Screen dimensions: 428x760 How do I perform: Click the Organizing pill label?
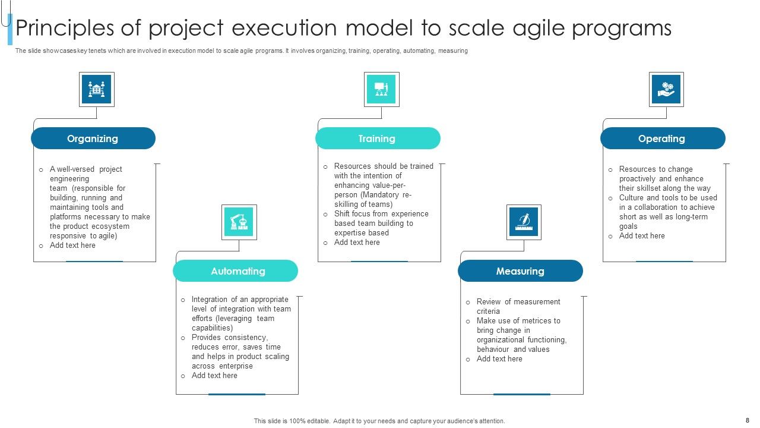93,139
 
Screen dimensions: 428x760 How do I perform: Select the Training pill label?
377,139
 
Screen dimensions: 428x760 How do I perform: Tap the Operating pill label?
661,139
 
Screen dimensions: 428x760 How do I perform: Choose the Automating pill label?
237,271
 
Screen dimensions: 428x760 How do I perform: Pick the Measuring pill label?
520,271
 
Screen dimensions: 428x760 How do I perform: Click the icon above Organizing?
96,89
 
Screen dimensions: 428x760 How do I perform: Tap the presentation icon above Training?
381,89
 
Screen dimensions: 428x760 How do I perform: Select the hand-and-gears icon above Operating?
666,89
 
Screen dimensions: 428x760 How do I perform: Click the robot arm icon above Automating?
239,222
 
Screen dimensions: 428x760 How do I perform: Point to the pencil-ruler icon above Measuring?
524,222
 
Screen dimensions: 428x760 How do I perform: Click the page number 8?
748,420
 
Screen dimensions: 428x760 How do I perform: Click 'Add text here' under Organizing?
72,246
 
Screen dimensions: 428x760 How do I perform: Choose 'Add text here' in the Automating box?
214,376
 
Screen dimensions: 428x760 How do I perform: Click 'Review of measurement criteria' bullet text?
518,306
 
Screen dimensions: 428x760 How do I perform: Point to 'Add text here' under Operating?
642,236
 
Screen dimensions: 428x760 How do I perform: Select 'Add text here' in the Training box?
357,243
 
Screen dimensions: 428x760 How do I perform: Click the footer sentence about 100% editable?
379,421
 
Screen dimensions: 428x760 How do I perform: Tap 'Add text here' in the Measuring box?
499,359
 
